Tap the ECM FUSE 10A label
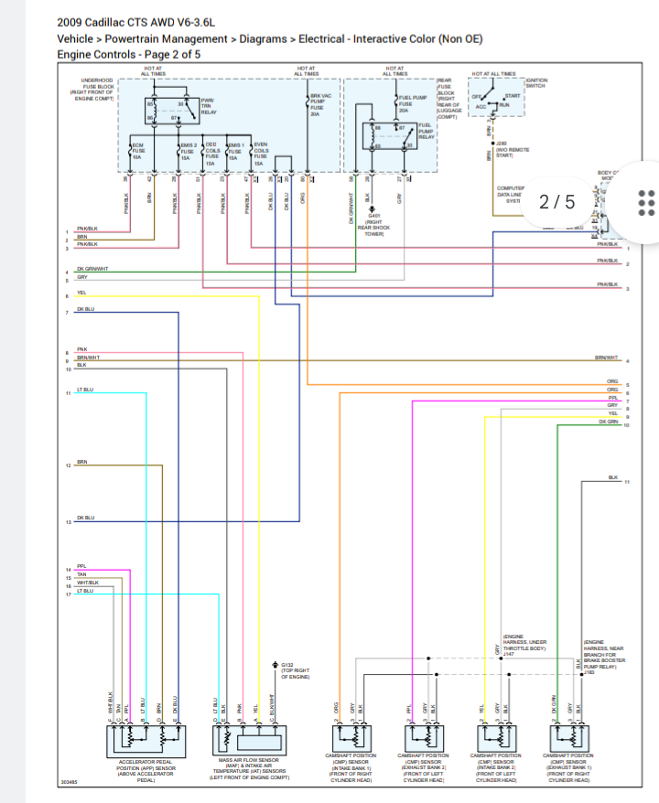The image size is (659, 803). pos(137,151)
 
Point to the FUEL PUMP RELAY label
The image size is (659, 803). pos(426,131)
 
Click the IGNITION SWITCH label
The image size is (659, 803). pos(535,83)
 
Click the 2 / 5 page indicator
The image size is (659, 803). pos(556,201)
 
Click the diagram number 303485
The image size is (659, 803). pos(69,783)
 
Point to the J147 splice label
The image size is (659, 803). pos(509,654)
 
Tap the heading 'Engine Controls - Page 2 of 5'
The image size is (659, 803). pos(128,54)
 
